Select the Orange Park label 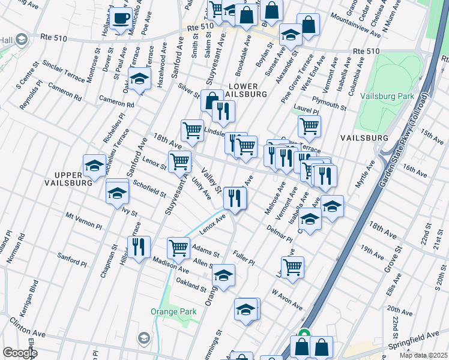pyautogui.click(x=165, y=312)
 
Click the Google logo pyautogui.click(x=20, y=353)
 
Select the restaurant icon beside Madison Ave pyautogui.click(x=139, y=247)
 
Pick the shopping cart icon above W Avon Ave pyautogui.click(x=292, y=267)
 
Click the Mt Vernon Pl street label pyautogui.click(x=83, y=220)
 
